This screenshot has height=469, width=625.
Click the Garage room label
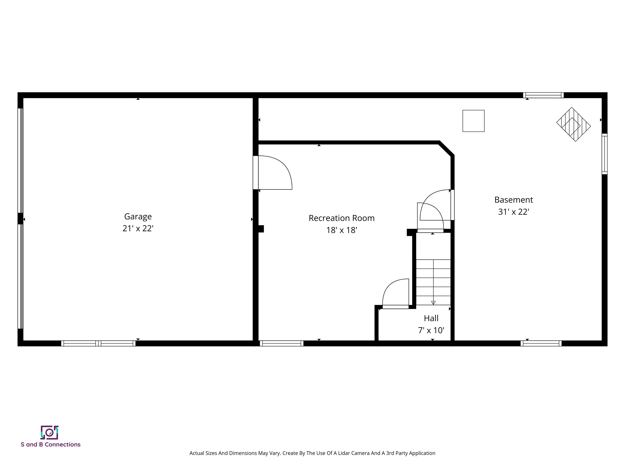pos(138,217)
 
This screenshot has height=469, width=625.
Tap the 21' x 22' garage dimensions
pos(138,228)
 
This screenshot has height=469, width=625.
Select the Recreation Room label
pos(342,218)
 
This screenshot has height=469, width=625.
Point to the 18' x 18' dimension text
pos(342,230)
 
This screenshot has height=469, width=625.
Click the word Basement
pos(513,200)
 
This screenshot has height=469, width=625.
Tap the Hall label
pos(431,318)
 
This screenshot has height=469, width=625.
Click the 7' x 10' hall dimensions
pos(431,330)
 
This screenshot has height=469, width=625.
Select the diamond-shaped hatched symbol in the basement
pos(573,124)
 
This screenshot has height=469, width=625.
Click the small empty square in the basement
pos(473,121)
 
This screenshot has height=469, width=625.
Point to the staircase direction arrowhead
pos(433,303)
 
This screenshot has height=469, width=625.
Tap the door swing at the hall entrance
pos(396,294)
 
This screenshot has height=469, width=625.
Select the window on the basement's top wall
pos(543,95)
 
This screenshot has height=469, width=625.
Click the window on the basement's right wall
pos(604,154)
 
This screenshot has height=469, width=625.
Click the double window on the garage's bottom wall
pos(98,343)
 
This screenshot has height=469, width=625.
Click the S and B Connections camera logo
pos(50,433)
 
